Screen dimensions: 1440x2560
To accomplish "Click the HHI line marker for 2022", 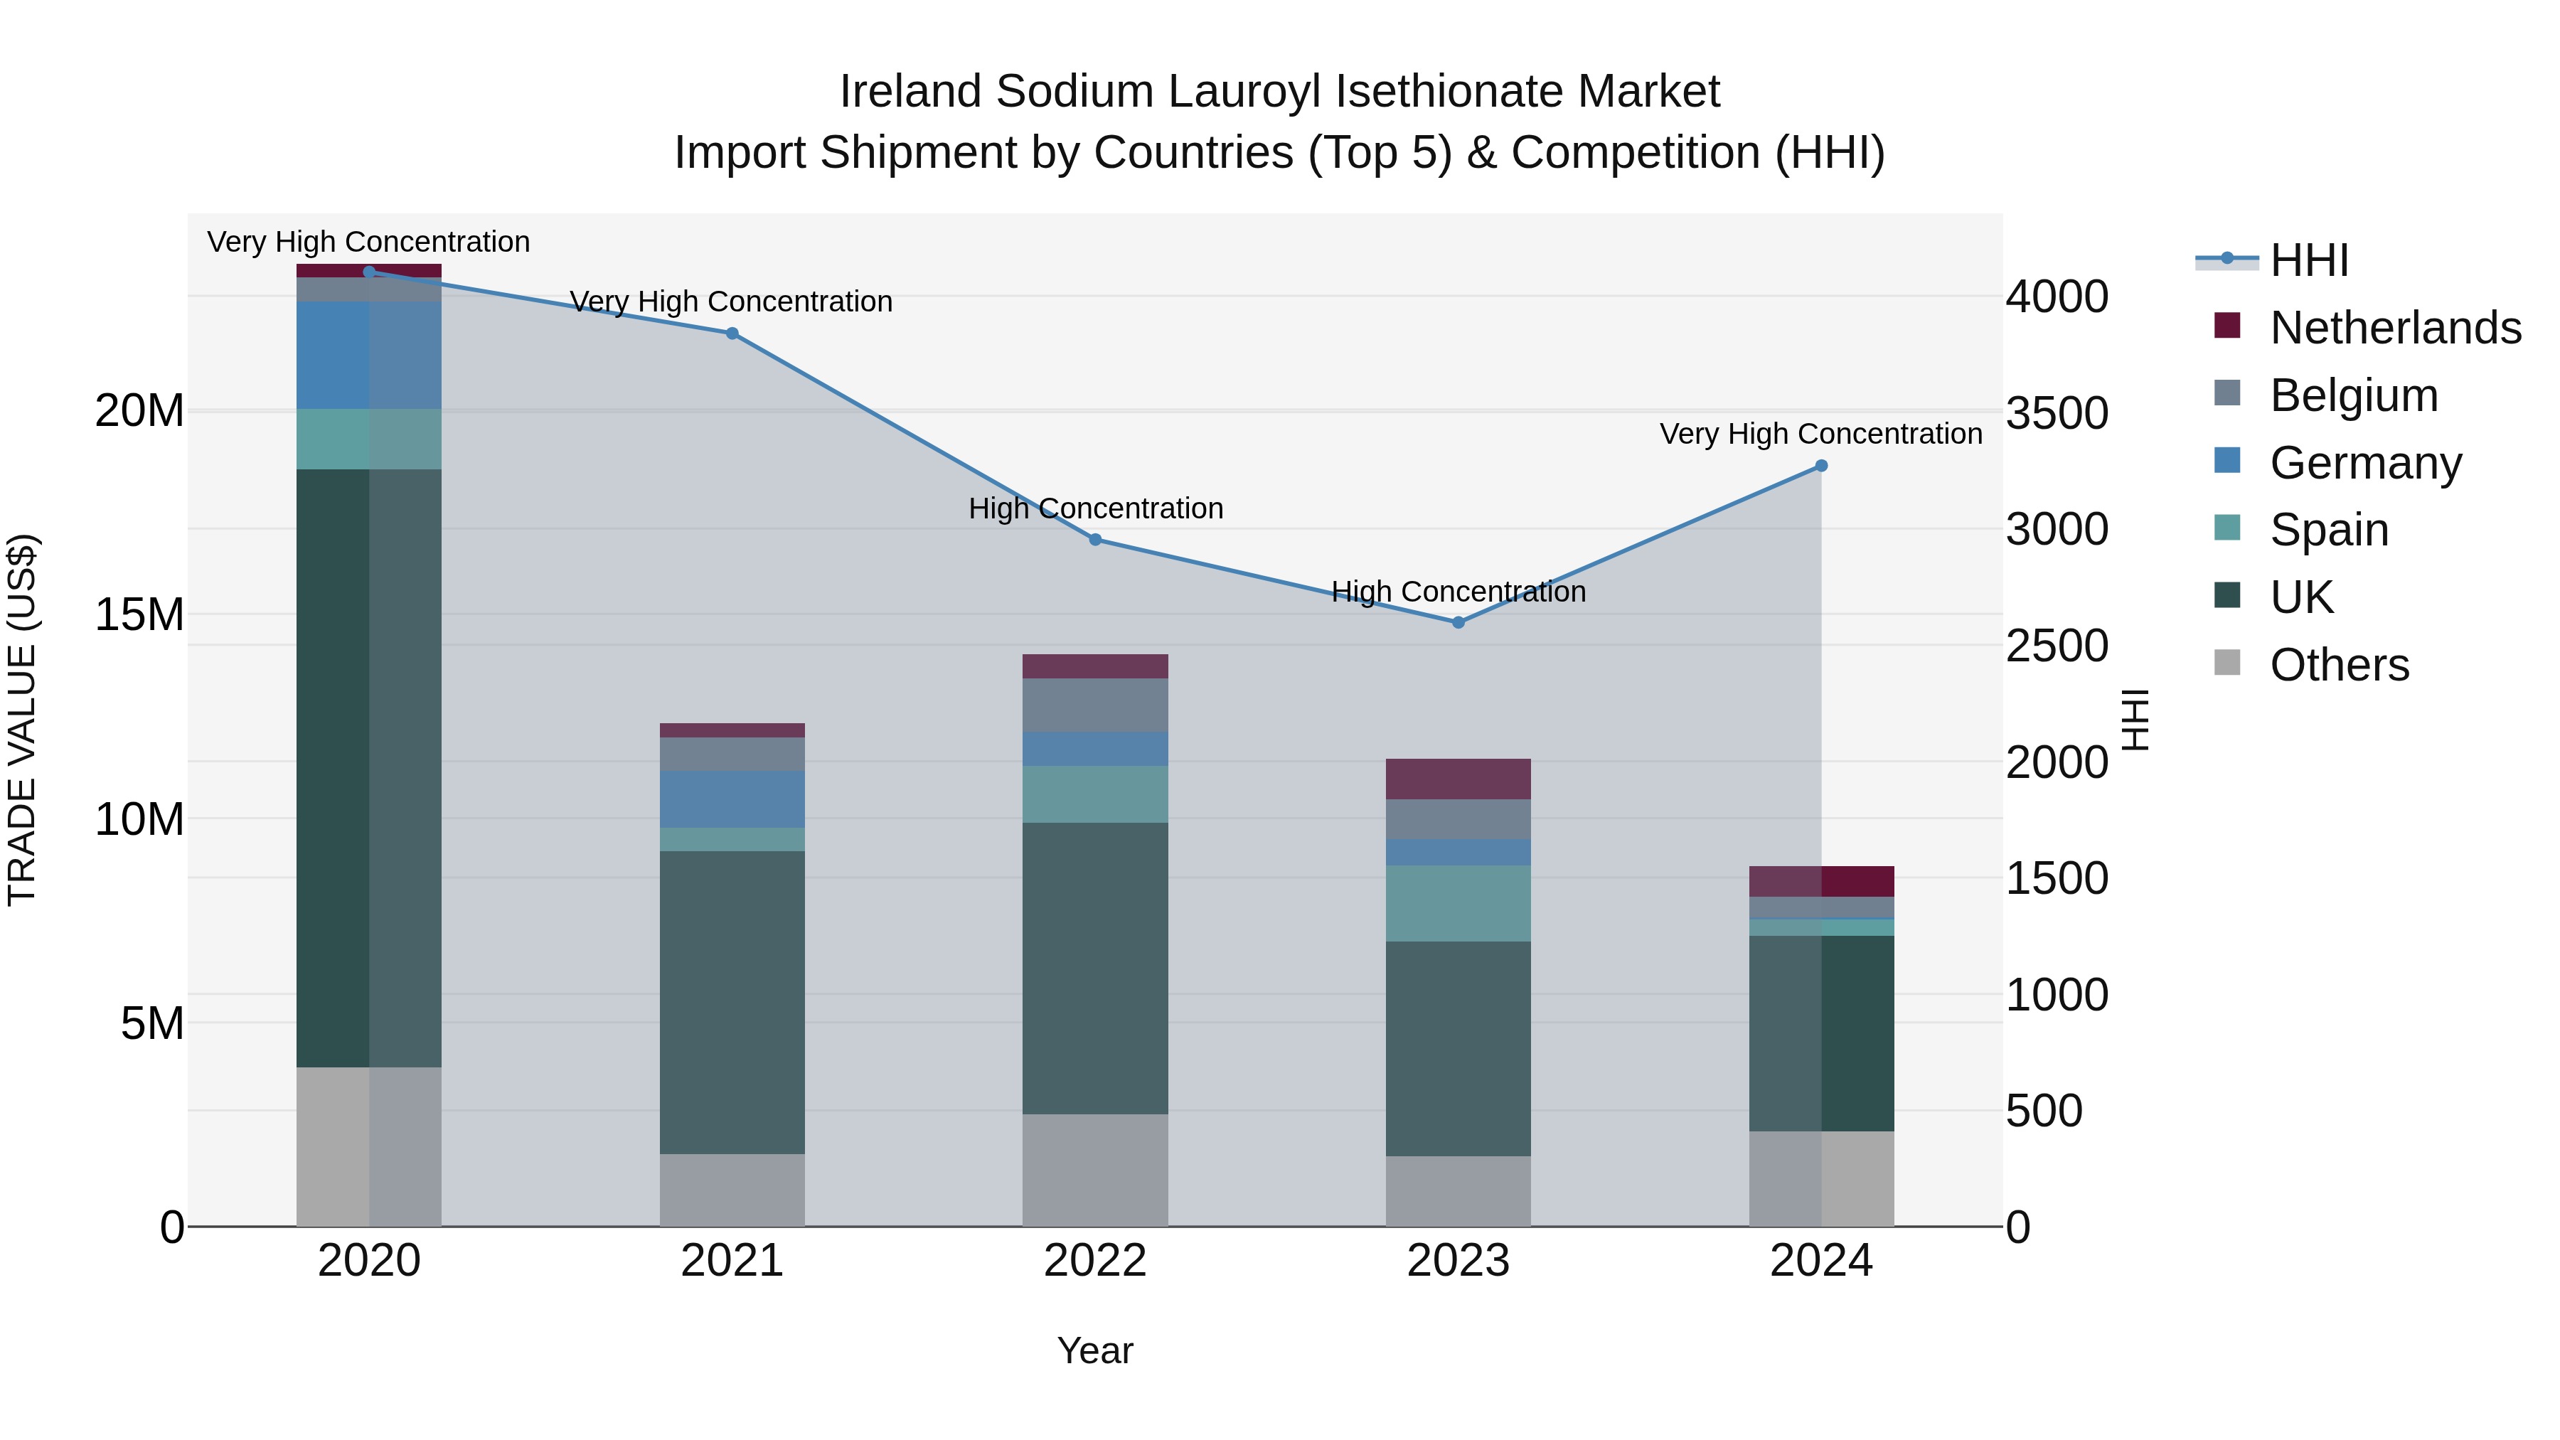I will pyautogui.click(x=1095, y=540).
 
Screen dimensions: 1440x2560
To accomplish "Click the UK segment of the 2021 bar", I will pyautogui.click(x=732, y=1002).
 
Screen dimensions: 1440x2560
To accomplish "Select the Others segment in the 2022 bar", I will pyautogui.click(x=1095, y=1170).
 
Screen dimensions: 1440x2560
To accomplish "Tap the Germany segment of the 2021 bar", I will pyautogui.click(x=732, y=799).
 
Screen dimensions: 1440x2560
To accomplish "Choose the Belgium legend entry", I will pyautogui.click(x=2353, y=395).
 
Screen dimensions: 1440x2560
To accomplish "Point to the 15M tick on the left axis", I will pyautogui.click(x=139, y=615).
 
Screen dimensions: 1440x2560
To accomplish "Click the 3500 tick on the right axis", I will pyautogui.click(x=2056, y=412).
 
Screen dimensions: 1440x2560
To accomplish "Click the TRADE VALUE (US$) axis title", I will pyautogui.click(x=22, y=720).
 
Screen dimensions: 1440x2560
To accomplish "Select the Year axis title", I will pyautogui.click(x=1095, y=1350).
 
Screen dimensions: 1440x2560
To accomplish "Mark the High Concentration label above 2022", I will pyautogui.click(x=1095, y=509).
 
